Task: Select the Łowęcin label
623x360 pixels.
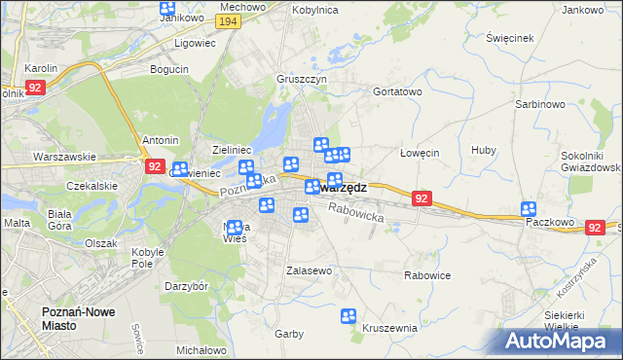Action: coord(421,153)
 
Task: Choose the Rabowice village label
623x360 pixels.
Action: coord(427,275)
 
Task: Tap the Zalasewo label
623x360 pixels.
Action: coord(310,270)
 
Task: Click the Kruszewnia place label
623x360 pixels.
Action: coord(389,328)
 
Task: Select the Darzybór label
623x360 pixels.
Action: coord(187,287)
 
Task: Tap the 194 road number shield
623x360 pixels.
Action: coord(229,21)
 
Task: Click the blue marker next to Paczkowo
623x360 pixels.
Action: coord(529,209)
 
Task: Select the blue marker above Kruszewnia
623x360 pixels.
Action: coord(348,316)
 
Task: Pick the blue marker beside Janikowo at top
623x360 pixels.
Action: coord(166,9)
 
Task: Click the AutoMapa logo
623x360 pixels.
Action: coord(563,342)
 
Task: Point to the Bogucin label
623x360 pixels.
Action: coord(169,69)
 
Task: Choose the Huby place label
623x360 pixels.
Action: coord(483,150)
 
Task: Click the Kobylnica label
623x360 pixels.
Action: coord(314,9)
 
